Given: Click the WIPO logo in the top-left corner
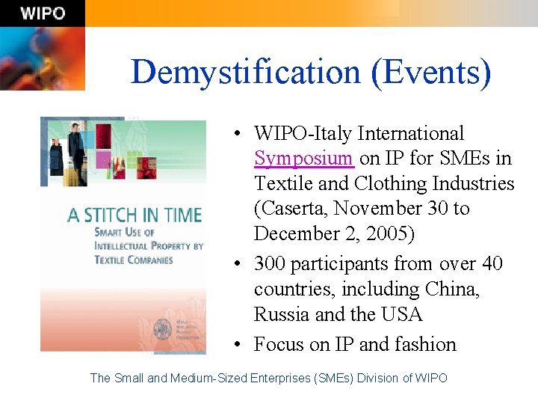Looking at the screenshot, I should (x=42, y=13).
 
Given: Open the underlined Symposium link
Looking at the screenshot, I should (x=303, y=159).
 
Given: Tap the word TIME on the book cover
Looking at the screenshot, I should (x=179, y=215).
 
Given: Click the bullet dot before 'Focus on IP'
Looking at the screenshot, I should (x=235, y=345).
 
